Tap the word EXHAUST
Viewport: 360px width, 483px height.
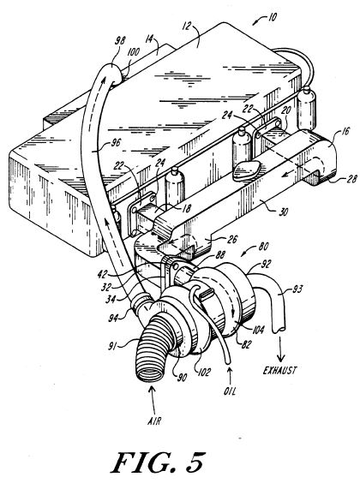coord(280,370)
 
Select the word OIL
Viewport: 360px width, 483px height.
coord(230,391)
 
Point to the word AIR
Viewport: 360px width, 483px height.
coord(154,420)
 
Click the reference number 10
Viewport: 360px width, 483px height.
coord(271,17)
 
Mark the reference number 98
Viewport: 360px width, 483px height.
coord(120,41)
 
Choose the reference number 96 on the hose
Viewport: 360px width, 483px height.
coord(116,143)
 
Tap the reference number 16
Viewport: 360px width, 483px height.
coord(345,131)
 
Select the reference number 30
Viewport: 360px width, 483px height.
coord(283,212)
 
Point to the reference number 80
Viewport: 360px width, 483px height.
coord(262,247)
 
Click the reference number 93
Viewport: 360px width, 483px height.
coord(297,289)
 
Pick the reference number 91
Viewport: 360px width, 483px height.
coord(113,347)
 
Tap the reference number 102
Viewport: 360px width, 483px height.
coord(204,372)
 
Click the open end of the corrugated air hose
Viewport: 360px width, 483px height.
coord(151,373)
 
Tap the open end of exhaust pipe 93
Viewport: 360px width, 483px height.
coord(279,330)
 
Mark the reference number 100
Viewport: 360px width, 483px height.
coord(133,51)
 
